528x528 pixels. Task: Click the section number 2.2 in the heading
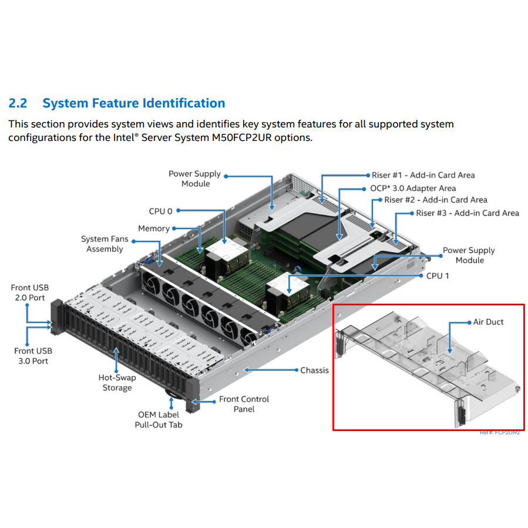[x=18, y=103]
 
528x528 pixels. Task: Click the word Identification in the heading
[x=183, y=103]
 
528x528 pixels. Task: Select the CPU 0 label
[x=160, y=211]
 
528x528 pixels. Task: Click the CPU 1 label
[x=438, y=275]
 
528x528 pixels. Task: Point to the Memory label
[x=153, y=228]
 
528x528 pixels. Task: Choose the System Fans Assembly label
[x=104, y=244]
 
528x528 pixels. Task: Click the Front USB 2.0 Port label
[x=30, y=292]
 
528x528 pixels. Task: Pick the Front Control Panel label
[x=244, y=403]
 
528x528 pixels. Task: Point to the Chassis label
[x=314, y=370]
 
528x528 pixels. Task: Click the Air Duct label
[x=488, y=322]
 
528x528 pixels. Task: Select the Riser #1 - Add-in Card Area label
[x=423, y=175]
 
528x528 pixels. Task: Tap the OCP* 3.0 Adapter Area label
[x=413, y=188]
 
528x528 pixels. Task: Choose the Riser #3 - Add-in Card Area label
[x=468, y=213]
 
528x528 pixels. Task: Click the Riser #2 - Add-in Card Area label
[x=436, y=200]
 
